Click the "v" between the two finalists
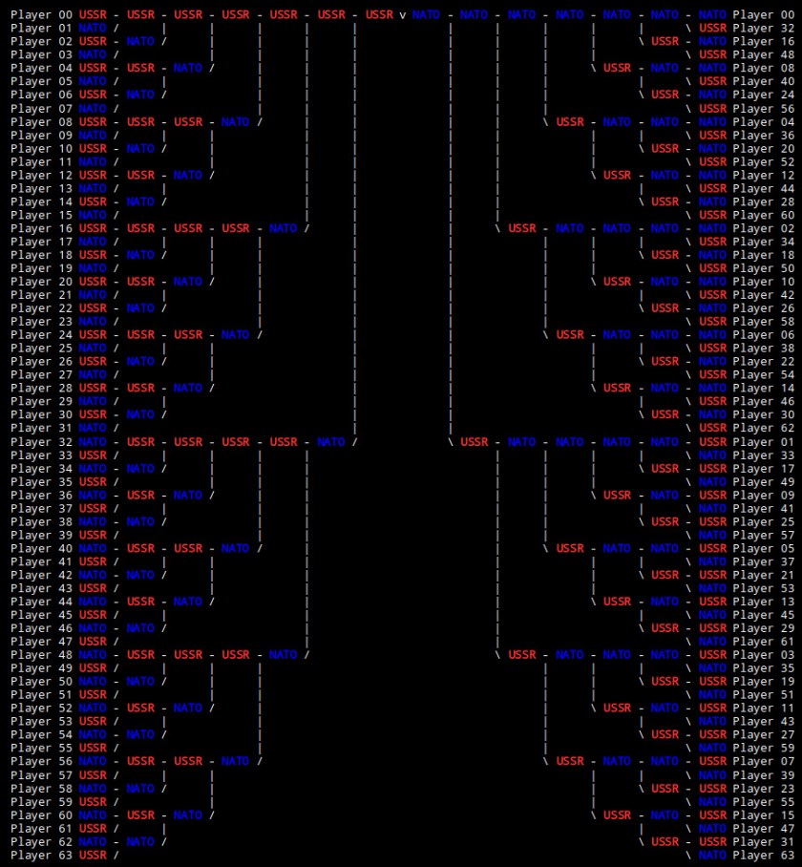coord(403,15)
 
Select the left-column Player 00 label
coord(41,15)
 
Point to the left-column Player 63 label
coord(41,855)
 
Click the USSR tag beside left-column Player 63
coord(93,855)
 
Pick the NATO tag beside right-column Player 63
coord(712,855)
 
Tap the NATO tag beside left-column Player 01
coord(93,29)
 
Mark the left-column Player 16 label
coord(41,228)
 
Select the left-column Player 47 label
coord(41,642)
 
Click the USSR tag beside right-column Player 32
coord(712,29)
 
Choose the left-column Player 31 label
coord(41,429)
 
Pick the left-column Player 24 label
coord(41,335)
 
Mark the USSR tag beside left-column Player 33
coord(93,455)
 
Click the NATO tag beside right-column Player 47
coord(712,828)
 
